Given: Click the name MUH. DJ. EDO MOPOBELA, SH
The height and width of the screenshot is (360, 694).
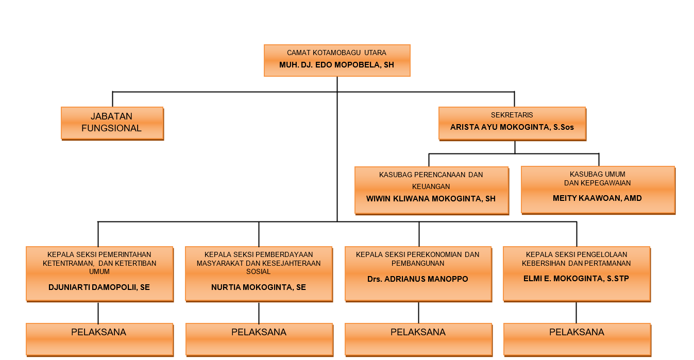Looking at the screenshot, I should coord(336,65).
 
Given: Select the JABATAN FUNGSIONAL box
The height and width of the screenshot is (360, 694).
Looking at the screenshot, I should coord(112,123).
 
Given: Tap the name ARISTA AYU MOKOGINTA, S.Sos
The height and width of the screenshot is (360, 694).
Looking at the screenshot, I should coord(512,127).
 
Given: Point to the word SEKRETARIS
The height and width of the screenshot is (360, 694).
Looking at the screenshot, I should coord(512,115).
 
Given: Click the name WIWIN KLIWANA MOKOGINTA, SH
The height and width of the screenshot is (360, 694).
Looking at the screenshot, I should coord(431,198).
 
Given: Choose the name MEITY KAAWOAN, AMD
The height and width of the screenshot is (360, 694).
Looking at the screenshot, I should coord(597,198).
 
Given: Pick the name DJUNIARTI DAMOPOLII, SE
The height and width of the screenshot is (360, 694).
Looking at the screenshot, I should coord(99,287).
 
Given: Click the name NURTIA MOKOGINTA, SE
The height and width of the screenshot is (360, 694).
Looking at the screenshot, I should coord(259,287).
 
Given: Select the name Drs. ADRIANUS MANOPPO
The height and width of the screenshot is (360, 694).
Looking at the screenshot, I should coord(418,279).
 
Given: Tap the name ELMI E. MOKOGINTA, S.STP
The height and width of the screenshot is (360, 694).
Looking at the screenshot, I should coord(576,279).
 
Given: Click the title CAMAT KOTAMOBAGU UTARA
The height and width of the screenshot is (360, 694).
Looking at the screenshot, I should coord(336,53).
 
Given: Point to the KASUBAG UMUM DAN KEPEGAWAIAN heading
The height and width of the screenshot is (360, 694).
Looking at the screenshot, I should coord(597,179).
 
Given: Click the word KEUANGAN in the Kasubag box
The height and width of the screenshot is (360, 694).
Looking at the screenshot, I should coord(431,186).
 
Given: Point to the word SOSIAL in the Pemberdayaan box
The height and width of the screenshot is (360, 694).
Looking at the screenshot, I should coord(259,271).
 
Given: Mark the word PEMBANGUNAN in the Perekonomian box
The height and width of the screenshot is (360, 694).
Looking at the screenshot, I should coord(418,263).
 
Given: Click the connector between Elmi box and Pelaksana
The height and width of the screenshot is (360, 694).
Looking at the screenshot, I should coord(577,312).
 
